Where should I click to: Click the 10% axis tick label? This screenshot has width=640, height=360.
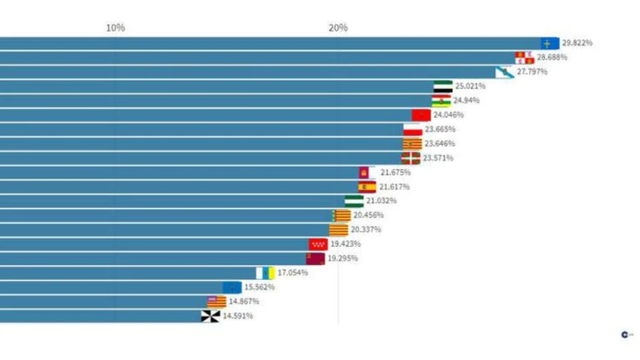coord(115,27)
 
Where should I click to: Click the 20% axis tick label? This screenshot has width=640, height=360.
coord(337,27)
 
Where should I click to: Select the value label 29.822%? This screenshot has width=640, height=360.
coord(577,42)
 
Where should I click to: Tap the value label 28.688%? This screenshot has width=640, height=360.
coord(552,57)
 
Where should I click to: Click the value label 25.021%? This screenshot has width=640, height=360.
coord(470,86)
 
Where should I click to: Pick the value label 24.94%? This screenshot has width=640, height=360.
coord(466,100)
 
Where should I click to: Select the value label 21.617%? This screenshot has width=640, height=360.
coord(395,187)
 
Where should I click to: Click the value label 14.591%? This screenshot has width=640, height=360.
coord(237,316)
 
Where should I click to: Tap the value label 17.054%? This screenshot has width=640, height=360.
coord(292,272)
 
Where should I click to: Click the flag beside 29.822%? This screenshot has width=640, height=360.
coord(549,42)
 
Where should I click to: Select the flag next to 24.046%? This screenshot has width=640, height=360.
coord(421,115)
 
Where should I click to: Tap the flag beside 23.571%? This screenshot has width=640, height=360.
coord(410,157)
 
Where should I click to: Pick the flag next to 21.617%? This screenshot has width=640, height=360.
coord(367,187)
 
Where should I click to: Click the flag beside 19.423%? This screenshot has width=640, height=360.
coord(318,244)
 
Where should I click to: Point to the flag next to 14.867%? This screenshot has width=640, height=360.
coord(217,302)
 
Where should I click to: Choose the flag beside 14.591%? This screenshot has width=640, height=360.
coord(210,316)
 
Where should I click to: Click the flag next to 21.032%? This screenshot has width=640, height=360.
coord(354,201)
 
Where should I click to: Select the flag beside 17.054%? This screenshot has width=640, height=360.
coord(266,272)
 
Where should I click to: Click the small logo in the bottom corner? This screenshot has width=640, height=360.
coord(625,335)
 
